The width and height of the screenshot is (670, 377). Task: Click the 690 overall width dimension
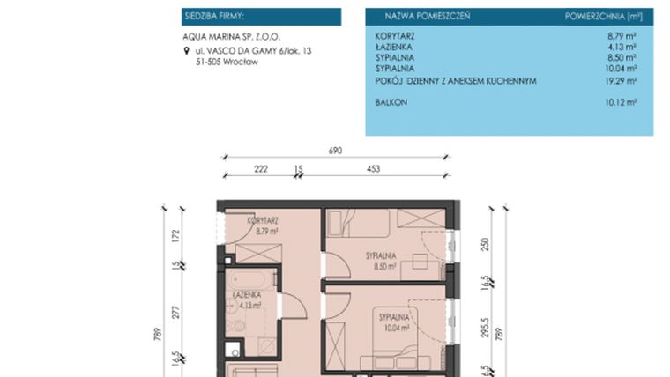point(335,151)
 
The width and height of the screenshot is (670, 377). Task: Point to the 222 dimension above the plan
point(261,168)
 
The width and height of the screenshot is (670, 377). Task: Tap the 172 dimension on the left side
point(175,235)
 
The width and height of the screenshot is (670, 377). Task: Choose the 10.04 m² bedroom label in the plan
point(394,321)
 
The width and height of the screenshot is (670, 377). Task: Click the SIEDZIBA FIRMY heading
point(214,16)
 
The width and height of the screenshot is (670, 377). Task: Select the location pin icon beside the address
point(184,52)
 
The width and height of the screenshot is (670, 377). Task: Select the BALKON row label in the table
point(391,102)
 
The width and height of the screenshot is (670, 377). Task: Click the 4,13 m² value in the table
point(622,47)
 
